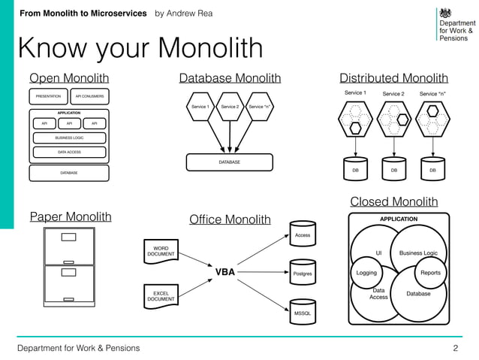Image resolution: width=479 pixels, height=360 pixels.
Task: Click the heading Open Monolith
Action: click(68, 78)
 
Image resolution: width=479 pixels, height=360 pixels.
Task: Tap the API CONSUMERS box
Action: click(90, 96)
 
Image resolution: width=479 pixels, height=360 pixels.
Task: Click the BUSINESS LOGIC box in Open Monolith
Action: click(69, 138)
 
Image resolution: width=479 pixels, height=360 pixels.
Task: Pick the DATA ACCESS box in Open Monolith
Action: click(69, 152)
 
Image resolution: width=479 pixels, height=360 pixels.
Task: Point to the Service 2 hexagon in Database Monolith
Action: click(230, 107)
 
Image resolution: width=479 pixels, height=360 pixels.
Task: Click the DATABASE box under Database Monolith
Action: click(230, 162)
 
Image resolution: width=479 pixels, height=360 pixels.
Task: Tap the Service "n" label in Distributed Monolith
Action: click(433, 93)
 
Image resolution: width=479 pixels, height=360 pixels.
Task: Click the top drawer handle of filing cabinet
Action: click(69, 237)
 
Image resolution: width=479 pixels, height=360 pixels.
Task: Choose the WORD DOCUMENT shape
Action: click(161, 250)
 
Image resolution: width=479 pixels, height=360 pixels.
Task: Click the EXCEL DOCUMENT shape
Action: click(161, 295)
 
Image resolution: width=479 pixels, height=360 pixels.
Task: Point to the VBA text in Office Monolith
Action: click(225, 272)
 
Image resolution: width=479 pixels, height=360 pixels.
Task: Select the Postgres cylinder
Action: click(303, 274)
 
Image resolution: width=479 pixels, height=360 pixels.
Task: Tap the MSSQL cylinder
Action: click(303, 311)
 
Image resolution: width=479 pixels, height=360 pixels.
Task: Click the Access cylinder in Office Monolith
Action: click(303, 234)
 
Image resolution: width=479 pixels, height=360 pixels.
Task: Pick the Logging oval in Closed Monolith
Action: click(367, 273)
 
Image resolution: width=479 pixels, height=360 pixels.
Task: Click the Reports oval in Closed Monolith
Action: click(430, 273)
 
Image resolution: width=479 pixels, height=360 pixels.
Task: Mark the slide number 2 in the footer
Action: click(455, 348)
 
